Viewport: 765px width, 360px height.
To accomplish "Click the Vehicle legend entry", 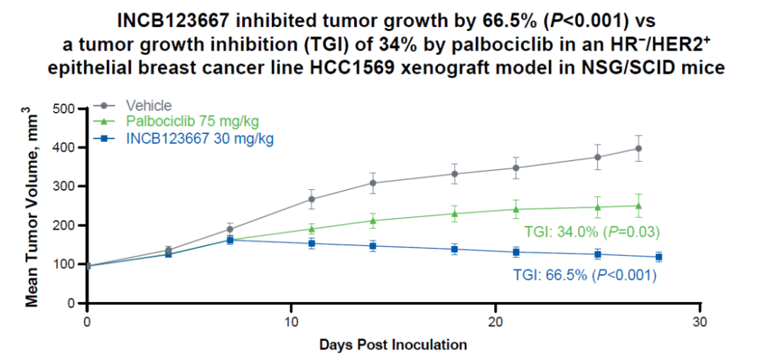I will [x=148, y=106].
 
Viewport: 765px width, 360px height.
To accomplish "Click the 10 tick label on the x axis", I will [x=291, y=321].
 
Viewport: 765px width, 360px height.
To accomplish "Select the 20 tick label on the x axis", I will [x=495, y=321].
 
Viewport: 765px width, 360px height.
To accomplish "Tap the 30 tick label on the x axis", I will [x=700, y=321].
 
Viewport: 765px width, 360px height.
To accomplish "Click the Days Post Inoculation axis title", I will [x=393, y=345].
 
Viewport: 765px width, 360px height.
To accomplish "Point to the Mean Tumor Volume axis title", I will [x=32, y=206].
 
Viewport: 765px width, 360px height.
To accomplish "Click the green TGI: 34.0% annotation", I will [x=591, y=232].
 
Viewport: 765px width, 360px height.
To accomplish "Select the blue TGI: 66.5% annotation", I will [x=585, y=276].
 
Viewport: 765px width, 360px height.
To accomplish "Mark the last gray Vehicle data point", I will [x=638, y=148].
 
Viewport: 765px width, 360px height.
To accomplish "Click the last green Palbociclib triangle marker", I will [x=638, y=206].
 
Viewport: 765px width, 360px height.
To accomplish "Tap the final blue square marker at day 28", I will [x=659, y=257].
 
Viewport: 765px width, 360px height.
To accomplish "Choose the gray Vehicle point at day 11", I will [x=312, y=199].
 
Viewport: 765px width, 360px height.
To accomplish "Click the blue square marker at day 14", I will [x=373, y=246].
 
